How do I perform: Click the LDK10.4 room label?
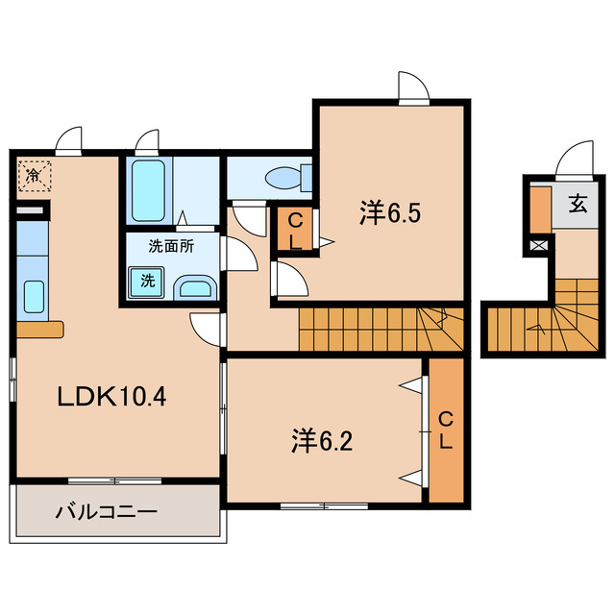[x=112, y=396]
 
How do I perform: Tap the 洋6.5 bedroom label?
[x=390, y=213]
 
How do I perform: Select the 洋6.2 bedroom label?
[x=322, y=441]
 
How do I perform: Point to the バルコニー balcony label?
[x=107, y=512]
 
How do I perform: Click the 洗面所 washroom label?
[x=171, y=246]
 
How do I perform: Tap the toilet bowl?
[x=288, y=179]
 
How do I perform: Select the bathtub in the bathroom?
[x=148, y=190]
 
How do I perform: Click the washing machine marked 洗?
[x=147, y=282]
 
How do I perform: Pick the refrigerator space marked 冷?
[x=35, y=175]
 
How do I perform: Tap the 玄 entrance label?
[x=578, y=205]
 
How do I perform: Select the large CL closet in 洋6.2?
[x=446, y=430]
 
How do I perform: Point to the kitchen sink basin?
[x=35, y=297]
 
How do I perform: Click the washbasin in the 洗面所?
[x=195, y=288]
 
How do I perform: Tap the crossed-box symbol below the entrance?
[x=538, y=246]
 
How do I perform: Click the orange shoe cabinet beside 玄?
[x=540, y=209]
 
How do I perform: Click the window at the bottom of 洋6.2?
[x=324, y=506]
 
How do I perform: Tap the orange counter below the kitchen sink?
[x=39, y=329]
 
